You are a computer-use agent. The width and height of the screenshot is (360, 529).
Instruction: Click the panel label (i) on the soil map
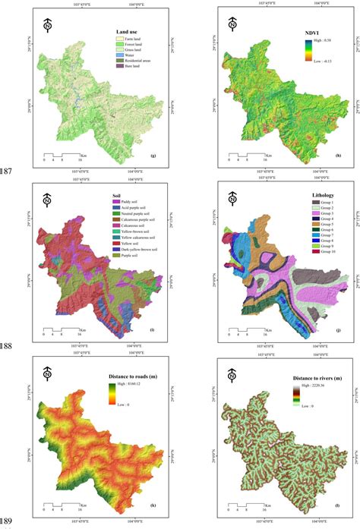152,329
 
